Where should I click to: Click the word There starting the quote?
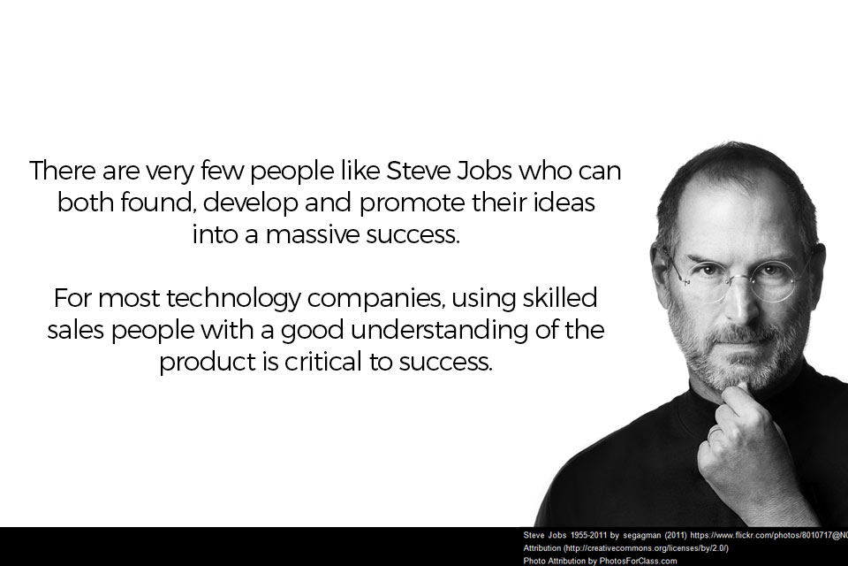coord(62,171)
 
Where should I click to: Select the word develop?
coord(251,203)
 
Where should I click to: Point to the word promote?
coord(413,204)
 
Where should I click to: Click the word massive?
coord(313,235)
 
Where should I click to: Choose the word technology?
coord(233,299)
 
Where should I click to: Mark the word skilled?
coord(560,298)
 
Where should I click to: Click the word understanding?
coord(439,330)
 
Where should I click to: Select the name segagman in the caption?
coord(642,536)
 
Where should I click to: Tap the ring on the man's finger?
coord(715,433)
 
